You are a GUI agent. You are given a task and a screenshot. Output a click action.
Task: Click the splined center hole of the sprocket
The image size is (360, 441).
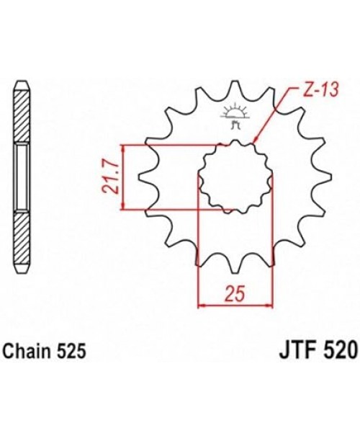pyautogui.click(x=234, y=176)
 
